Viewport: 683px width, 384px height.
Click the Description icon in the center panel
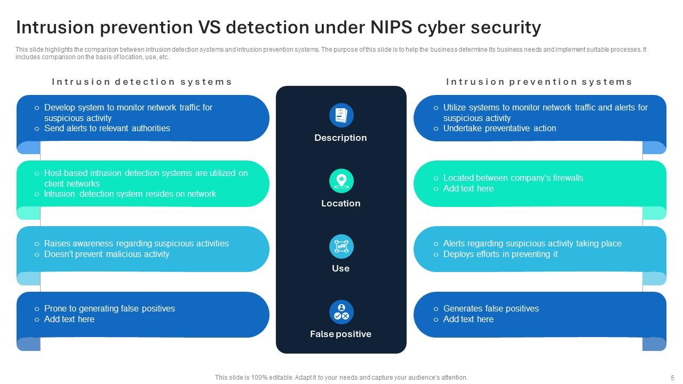tap(341, 115)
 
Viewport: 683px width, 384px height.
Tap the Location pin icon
tap(341, 181)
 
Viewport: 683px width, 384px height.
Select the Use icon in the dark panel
tap(341, 246)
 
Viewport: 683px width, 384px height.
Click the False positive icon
tap(341, 312)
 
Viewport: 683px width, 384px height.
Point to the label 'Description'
tap(340, 138)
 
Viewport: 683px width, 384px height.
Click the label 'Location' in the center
tap(340, 203)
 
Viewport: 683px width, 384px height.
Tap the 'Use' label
tap(340, 268)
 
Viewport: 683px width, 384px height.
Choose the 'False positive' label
tap(340, 334)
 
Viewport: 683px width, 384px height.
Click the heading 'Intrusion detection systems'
tap(142, 82)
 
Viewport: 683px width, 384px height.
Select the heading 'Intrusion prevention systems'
tap(539, 82)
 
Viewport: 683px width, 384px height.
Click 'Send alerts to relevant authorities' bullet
tap(107, 129)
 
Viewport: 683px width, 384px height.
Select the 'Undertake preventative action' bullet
tap(499, 129)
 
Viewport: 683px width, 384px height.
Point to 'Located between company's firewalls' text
tap(513, 178)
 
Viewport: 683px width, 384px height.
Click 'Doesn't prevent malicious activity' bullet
tap(106, 254)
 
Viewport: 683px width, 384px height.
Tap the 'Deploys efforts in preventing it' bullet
tap(500, 254)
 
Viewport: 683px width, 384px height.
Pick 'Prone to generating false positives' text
tap(109, 309)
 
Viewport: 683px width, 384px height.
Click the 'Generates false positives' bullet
tap(491, 309)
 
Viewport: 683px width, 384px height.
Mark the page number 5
tap(672, 378)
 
